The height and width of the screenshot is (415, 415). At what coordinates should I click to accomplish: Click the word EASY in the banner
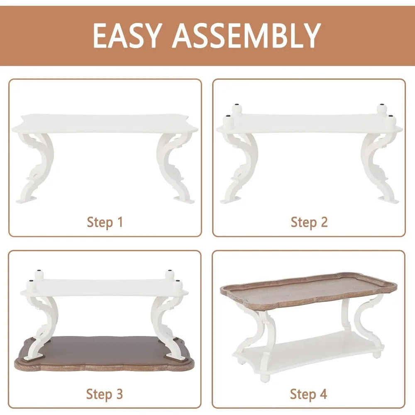click(x=127, y=36)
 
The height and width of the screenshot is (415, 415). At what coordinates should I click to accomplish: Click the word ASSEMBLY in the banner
click(x=247, y=36)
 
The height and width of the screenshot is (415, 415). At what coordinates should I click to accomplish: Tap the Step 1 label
click(x=105, y=222)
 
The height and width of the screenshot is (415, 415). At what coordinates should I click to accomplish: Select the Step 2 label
click(x=309, y=222)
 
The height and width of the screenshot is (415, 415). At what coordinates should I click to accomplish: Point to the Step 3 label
click(x=105, y=394)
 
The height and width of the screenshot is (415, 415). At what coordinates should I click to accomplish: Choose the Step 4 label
click(x=309, y=394)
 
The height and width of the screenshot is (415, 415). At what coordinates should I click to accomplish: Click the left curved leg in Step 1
click(x=37, y=167)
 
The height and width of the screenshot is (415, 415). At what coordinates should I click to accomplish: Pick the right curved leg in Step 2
click(x=378, y=167)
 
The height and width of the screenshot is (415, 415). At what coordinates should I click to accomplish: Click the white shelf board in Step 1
click(x=105, y=124)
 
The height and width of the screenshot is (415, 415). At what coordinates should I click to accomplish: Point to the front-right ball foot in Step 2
click(x=391, y=120)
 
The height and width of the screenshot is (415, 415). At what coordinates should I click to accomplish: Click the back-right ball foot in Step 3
click(x=170, y=275)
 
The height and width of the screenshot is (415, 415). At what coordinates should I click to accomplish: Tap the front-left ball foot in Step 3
click(x=31, y=286)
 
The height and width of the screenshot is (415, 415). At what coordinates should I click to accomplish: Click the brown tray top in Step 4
click(x=309, y=290)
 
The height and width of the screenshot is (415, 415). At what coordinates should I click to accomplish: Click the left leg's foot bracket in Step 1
click(x=25, y=200)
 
